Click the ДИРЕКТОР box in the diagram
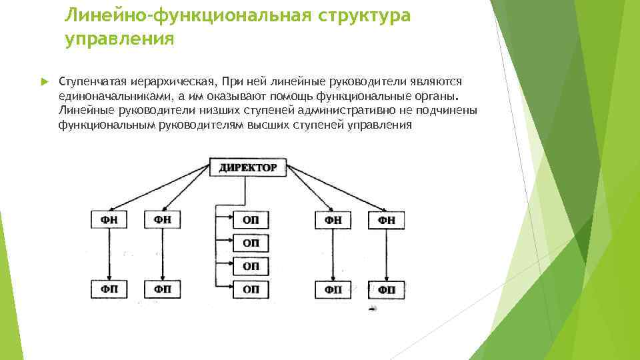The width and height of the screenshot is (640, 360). coord(247,167)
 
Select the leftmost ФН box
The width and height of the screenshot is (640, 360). coord(109,220)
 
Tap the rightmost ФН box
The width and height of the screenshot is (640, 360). coord(386,220)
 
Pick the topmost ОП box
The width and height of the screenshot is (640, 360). coord(251,220)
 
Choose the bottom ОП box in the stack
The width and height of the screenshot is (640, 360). coord(251,289)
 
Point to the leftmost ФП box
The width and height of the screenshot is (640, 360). coord(109,289)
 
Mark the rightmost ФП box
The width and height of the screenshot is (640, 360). coord(386,290)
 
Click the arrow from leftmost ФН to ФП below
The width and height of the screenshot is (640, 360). coord(109,255)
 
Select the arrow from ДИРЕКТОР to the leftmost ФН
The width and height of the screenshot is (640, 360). coord(160,187)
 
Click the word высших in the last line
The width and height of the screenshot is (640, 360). coord(269,125)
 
